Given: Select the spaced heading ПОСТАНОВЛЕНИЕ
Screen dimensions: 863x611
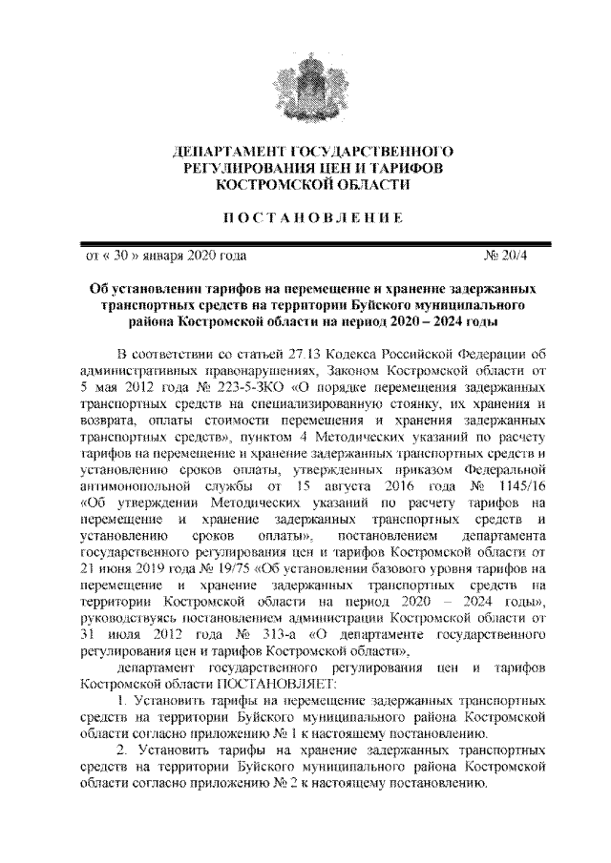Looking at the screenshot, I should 305,217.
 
